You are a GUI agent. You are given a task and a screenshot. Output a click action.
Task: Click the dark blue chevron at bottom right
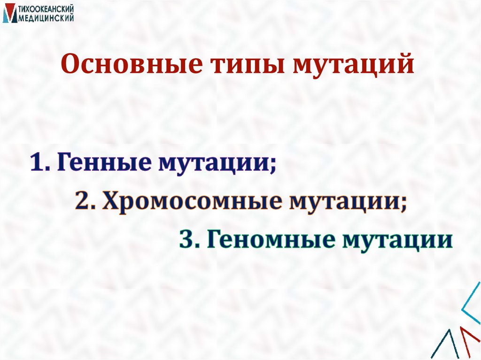(450, 345)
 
